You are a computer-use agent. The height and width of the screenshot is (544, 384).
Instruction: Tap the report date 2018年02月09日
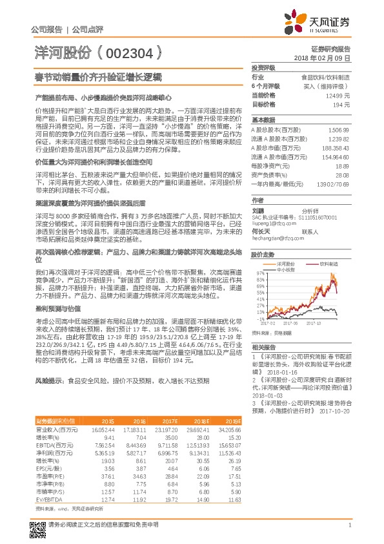click(x=322, y=58)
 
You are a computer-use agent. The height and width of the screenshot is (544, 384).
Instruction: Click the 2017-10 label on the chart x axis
click(x=314, y=323)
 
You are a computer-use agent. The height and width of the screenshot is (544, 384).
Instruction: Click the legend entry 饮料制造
click(x=328, y=264)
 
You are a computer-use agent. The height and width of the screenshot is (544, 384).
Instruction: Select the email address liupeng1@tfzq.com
click(x=271, y=223)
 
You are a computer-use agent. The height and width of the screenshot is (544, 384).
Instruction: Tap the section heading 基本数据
click(x=263, y=120)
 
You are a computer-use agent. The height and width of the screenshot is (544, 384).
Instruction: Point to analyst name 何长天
click(x=261, y=230)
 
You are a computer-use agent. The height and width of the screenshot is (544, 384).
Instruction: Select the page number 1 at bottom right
click(x=349, y=525)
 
